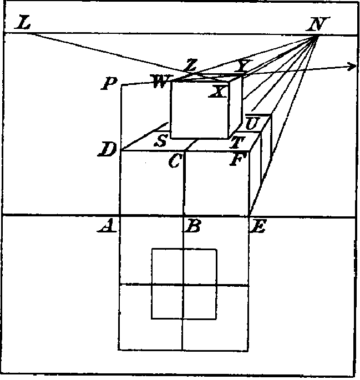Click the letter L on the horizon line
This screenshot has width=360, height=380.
[x=23, y=23]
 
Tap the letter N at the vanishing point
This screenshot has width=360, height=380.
[x=318, y=24]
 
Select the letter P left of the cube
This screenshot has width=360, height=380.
[x=109, y=84]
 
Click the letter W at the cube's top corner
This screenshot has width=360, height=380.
[x=161, y=81]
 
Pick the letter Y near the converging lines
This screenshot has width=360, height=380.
[x=243, y=65]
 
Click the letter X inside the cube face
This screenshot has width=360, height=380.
[x=218, y=92]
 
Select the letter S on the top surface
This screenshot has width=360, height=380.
[x=161, y=140]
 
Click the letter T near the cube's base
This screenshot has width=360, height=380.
[x=237, y=142]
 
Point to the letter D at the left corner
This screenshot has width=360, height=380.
[x=107, y=149]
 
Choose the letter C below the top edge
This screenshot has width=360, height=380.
[x=175, y=161]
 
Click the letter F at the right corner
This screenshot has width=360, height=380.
[x=237, y=159]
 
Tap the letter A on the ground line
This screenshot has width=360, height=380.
[x=107, y=226]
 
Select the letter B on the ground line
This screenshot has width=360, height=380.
[x=192, y=226]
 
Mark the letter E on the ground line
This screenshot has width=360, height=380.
[x=258, y=226]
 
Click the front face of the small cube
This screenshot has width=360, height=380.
[x=200, y=110]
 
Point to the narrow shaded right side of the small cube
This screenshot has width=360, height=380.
[x=235, y=107]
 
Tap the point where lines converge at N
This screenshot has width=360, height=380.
[x=317, y=36]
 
